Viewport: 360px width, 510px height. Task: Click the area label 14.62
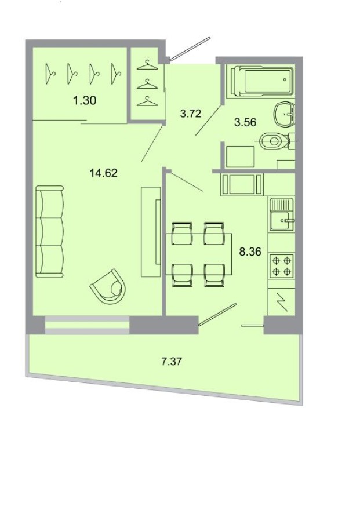(x=104, y=172)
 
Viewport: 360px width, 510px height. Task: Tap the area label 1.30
(x=84, y=101)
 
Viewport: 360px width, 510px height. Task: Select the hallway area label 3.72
(x=190, y=114)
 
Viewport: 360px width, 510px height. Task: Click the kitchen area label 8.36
(x=250, y=252)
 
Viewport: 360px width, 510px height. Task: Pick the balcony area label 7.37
(x=172, y=362)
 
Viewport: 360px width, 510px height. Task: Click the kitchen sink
(x=282, y=218)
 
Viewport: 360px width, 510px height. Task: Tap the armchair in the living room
(x=110, y=287)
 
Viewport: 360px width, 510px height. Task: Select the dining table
(x=199, y=253)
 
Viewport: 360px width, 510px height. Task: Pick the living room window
(x=87, y=325)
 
